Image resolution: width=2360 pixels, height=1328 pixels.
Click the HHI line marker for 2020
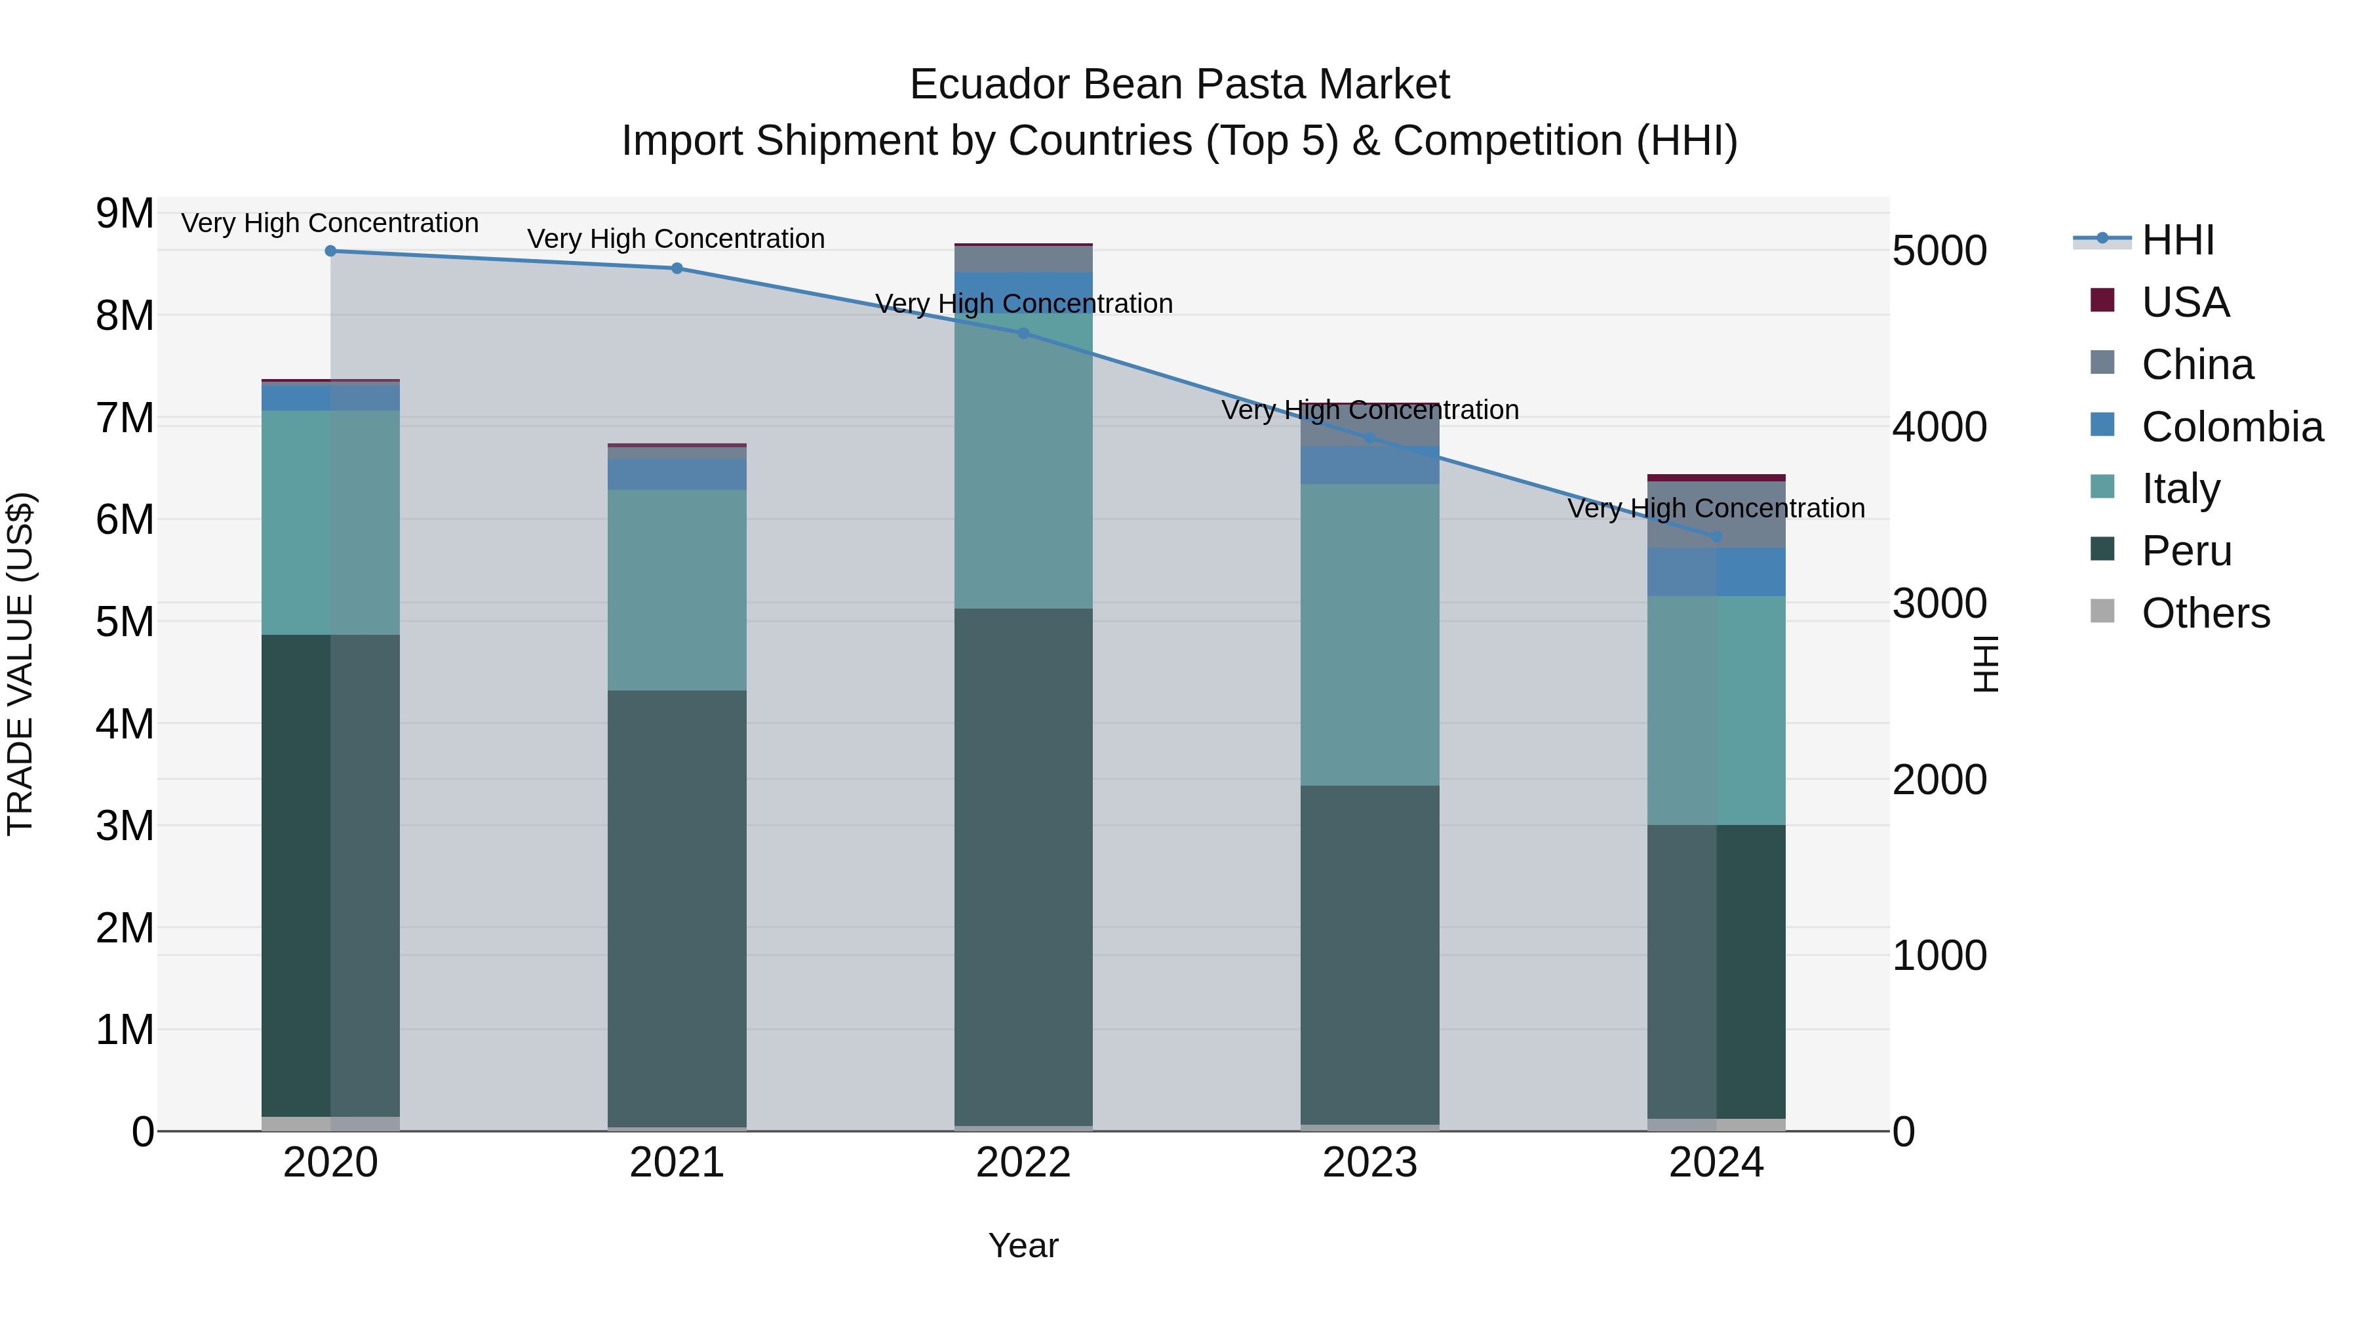(x=331, y=251)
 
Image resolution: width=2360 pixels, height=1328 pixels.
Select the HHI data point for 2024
(x=1716, y=537)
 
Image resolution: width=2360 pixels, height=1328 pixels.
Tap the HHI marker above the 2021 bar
(x=677, y=268)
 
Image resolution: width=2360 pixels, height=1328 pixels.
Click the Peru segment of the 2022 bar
(x=1023, y=866)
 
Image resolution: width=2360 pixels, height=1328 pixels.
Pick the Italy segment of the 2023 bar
(x=1369, y=634)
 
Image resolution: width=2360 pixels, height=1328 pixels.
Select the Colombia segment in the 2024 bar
(x=1716, y=572)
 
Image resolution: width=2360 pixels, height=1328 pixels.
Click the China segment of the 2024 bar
(x=1716, y=515)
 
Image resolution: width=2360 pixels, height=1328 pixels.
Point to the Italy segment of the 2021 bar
(x=677, y=590)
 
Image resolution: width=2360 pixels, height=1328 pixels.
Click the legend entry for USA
(x=2185, y=302)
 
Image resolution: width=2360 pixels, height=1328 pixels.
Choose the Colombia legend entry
(x=2232, y=427)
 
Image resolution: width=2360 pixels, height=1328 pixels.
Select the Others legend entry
(x=2205, y=613)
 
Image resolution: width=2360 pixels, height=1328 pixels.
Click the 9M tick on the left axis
(x=125, y=214)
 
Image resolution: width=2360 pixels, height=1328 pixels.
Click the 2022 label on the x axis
(x=1023, y=1163)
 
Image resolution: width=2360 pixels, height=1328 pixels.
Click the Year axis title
(x=1023, y=1245)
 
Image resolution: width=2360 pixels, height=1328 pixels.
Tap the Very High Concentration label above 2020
(x=330, y=223)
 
